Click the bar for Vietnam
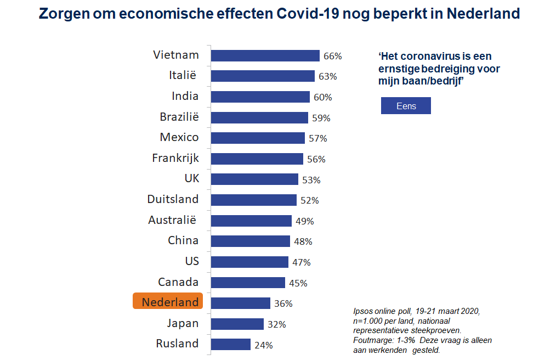coord(265,55)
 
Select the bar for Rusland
coord(231,345)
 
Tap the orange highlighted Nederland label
coord(168,302)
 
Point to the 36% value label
coord(283,303)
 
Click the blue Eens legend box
coord(406,106)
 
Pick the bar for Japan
coord(237,324)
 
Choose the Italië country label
coord(183,76)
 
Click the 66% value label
coord(333,56)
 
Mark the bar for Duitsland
coord(254,200)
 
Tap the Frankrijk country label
coord(175,158)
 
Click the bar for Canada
coord(248,283)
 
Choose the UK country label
coord(191,179)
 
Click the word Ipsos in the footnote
coord(364,311)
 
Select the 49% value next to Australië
coord(305,221)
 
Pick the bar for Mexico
coord(258,138)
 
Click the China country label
coord(183,240)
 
